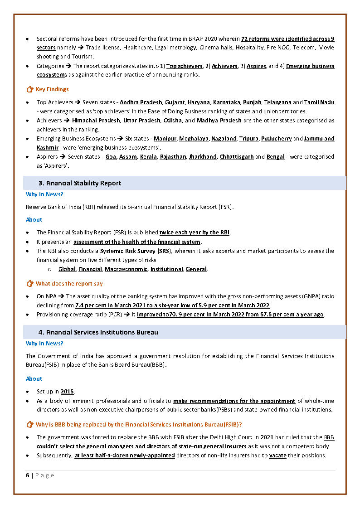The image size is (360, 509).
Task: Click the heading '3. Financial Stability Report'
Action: coord(80,183)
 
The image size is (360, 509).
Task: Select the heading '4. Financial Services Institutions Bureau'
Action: coord(98,332)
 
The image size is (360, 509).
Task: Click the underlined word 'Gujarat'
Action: coord(175,102)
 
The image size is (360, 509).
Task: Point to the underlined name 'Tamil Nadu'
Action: coord(319,102)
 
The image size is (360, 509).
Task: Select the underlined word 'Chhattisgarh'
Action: coord(237,157)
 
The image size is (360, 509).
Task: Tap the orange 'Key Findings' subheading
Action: coord(52,89)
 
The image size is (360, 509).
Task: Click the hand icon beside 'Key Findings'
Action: coord(30,89)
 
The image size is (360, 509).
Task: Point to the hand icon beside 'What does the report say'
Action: coord(30,284)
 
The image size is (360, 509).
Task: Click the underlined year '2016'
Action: coord(67,392)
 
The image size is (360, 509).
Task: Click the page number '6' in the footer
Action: coord(28,475)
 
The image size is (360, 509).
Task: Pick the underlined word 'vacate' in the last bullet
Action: coord(277,456)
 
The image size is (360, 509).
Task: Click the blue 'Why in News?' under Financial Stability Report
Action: coord(44,194)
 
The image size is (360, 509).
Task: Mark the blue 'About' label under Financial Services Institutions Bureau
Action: coord(34,379)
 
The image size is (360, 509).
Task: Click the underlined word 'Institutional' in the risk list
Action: coord(166,269)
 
